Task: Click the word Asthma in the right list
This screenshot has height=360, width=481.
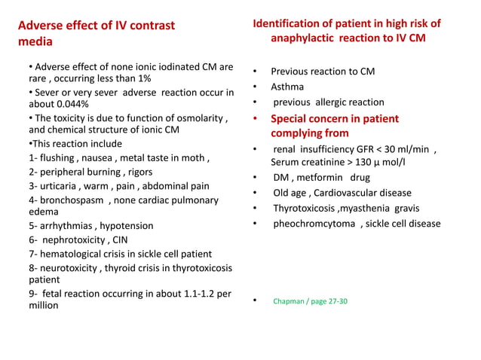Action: [288, 87]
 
